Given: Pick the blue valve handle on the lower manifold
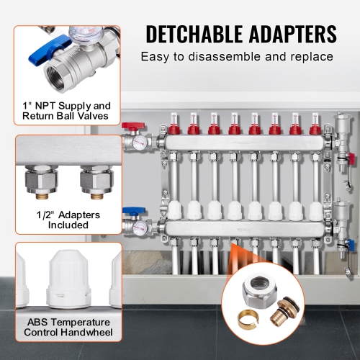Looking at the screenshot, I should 130,213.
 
